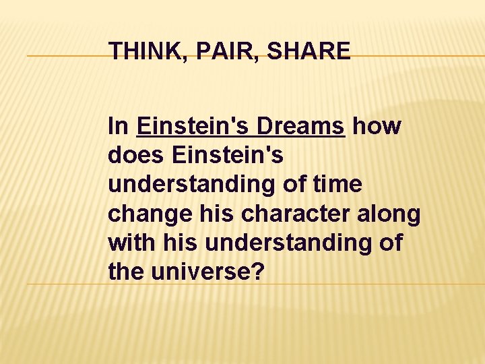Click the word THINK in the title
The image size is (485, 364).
[141, 51]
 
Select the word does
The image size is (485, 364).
[136, 156]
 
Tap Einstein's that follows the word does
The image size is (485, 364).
[228, 156]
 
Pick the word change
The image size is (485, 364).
[148, 214]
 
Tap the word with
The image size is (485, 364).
[132, 243]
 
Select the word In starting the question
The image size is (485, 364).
[119, 126]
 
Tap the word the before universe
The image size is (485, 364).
[126, 273]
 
